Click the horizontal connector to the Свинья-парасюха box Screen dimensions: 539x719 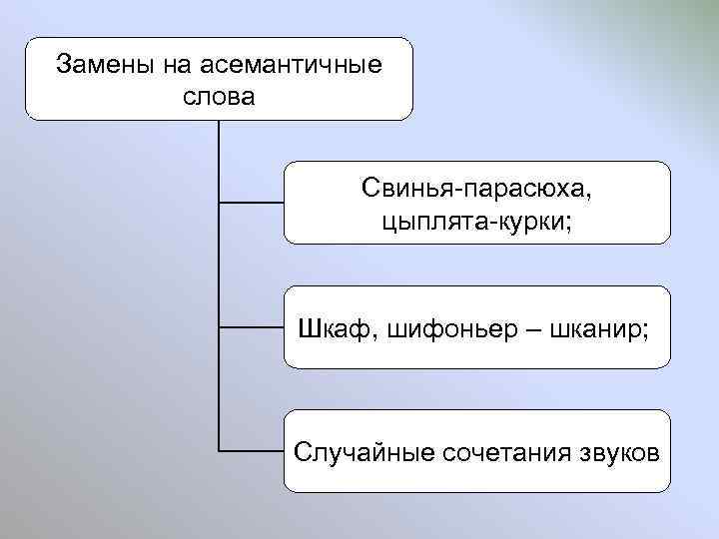pyautogui.click(x=252, y=203)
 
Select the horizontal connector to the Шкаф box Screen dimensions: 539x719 pyautogui.click(x=252, y=326)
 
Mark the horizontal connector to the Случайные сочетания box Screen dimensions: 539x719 pyautogui.click(x=252, y=451)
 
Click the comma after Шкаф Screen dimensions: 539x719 pyautogui.click(x=372, y=333)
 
